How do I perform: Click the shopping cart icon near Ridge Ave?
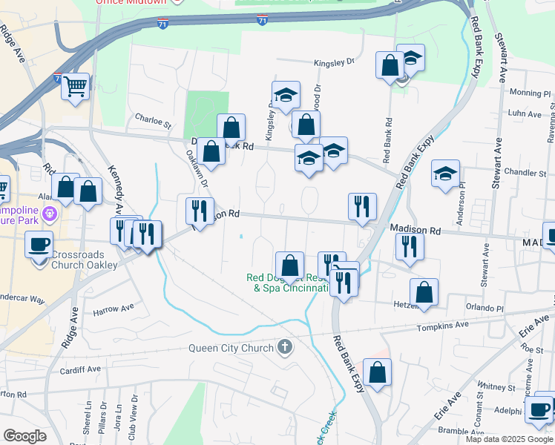coord(75,87)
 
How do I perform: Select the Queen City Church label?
coord(231,348)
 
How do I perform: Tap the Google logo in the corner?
coord(24,436)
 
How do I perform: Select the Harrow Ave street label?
coord(113,308)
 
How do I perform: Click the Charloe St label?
coord(153,117)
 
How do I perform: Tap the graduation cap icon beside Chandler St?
coord(445,174)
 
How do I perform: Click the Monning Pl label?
coord(531,93)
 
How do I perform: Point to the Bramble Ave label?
coord(462,430)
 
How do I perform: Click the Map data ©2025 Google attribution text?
coord(510,439)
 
